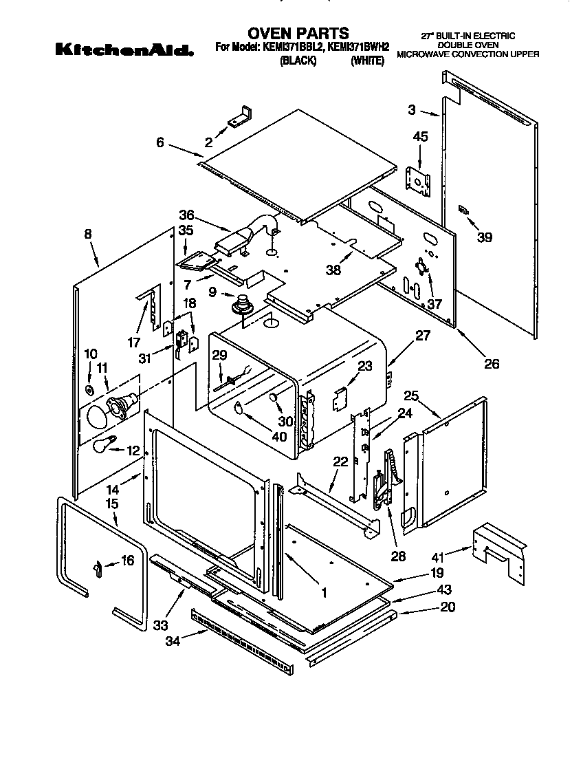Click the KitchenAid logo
tap(122, 49)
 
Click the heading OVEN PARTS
tap(298, 32)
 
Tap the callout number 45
tap(420, 137)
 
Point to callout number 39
tap(485, 237)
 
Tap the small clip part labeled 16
tap(97, 565)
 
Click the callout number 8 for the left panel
tap(88, 234)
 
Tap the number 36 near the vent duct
tap(186, 214)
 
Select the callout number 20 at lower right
tap(447, 607)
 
